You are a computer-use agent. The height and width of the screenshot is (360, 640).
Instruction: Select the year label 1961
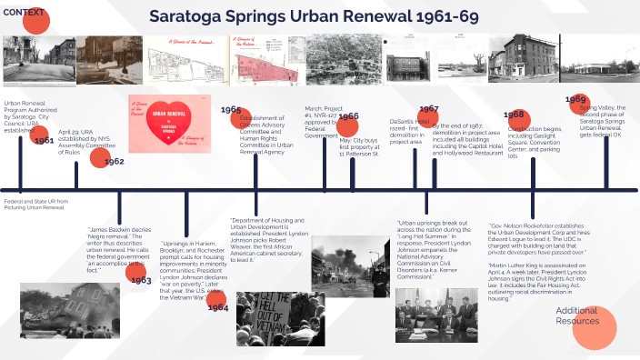click(x=43, y=141)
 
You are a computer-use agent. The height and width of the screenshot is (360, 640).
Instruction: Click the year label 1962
click(x=114, y=161)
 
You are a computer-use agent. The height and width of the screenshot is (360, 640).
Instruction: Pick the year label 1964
click(x=217, y=307)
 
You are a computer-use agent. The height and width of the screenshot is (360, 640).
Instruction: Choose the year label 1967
click(x=428, y=109)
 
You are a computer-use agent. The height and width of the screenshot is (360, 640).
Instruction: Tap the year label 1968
click(x=515, y=115)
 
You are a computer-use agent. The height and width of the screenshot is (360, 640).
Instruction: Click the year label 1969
click(x=575, y=99)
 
